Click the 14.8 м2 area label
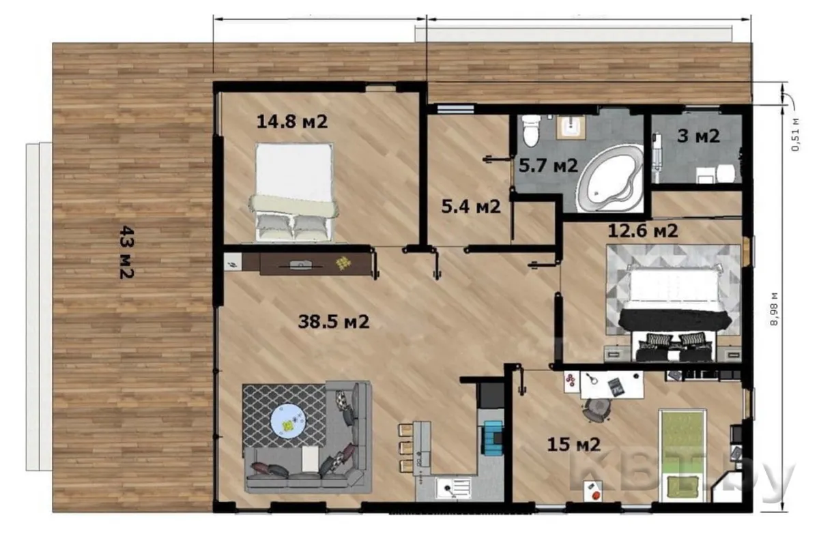(x=292, y=121)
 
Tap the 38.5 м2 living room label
(x=334, y=322)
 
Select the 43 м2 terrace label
(x=127, y=252)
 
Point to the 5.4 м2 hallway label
(x=471, y=207)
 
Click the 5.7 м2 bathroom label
(x=549, y=166)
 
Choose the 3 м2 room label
(x=698, y=136)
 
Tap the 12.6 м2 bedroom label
(x=643, y=231)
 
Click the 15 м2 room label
(x=574, y=445)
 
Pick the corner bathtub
(x=610, y=179)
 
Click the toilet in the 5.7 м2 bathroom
(x=531, y=130)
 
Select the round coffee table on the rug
(x=289, y=420)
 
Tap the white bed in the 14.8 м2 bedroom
(x=293, y=192)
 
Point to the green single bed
(x=682, y=456)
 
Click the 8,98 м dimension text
(x=774, y=309)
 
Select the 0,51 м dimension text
(x=794, y=135)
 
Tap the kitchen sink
(x=453, y=489)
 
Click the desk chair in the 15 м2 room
(x=597, y=410)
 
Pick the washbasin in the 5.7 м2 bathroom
(x=571, y=128)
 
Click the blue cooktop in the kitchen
(x=493, y=437)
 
